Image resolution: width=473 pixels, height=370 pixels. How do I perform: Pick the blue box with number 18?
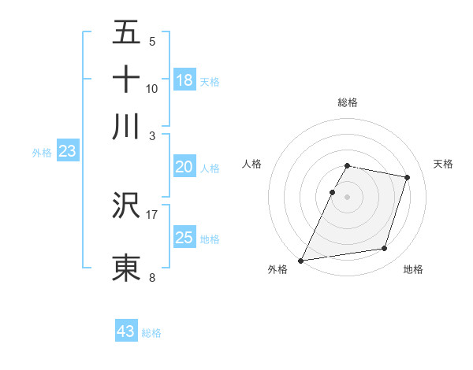tap(184, 80)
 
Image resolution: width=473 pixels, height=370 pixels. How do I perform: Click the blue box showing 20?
tap(184, 167)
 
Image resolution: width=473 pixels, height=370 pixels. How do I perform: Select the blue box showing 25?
tap(184, 238)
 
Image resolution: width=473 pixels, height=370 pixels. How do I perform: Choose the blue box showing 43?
tap(126, 331)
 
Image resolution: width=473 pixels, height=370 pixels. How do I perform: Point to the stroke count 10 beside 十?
tap(151, 88)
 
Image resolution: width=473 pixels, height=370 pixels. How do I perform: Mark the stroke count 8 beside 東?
tap(151, 277)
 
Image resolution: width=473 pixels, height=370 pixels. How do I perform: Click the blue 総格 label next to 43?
tap(151, 333)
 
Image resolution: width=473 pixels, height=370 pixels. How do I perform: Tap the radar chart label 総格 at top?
tap(348, 102)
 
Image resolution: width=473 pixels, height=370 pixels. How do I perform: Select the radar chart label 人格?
tap(252, 164)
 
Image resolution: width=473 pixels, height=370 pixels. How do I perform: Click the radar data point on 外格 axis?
tap(301, 260)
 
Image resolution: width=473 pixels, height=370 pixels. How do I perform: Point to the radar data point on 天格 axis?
tap(408, 177)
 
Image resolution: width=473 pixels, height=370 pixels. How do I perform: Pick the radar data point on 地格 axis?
tap(385, 249)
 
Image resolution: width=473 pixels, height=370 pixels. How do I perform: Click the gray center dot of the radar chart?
tap(348, 197)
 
